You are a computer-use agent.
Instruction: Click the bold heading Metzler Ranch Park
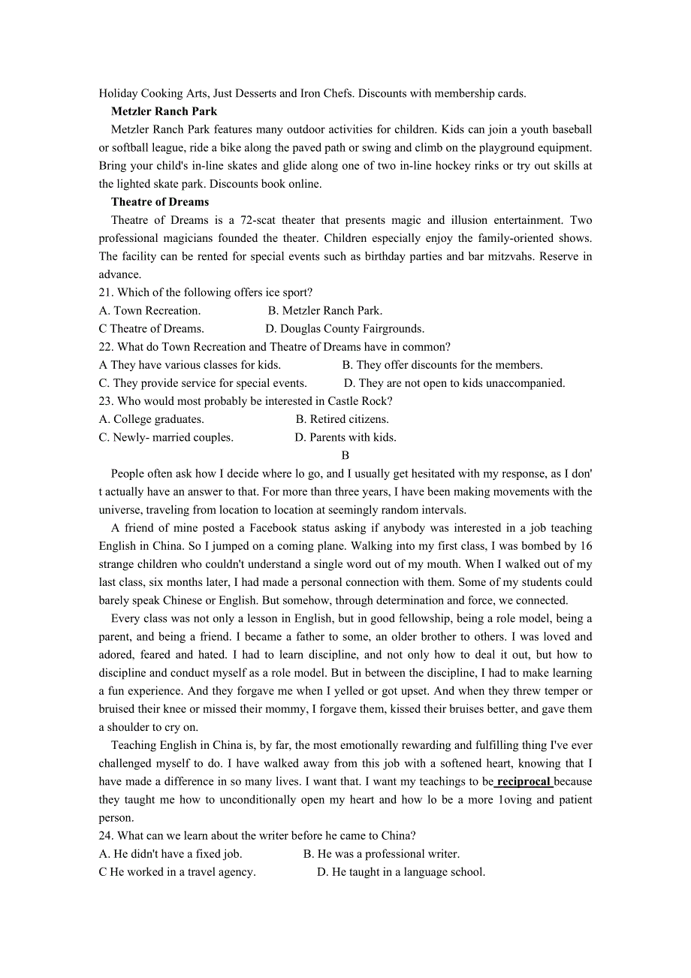(164, 112)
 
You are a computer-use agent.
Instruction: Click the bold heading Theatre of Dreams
(160, 202)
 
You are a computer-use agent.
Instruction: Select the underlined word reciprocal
(524, 782)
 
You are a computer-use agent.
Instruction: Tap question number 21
(106, 292)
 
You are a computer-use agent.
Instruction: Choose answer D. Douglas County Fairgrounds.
(345, 328)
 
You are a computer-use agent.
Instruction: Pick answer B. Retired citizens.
(342, 419)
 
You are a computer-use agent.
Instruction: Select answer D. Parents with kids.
(345, 437)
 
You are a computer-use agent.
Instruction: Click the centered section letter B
(345, 455)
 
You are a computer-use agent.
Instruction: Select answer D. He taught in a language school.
(401, 872)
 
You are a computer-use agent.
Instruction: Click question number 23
(106, 401)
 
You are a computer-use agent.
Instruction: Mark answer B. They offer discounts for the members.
(442, 365)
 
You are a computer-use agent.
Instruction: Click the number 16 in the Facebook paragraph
(586, 546)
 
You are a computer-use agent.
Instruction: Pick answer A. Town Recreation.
(149, 310)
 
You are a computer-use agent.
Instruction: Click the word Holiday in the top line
(118, 94)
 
